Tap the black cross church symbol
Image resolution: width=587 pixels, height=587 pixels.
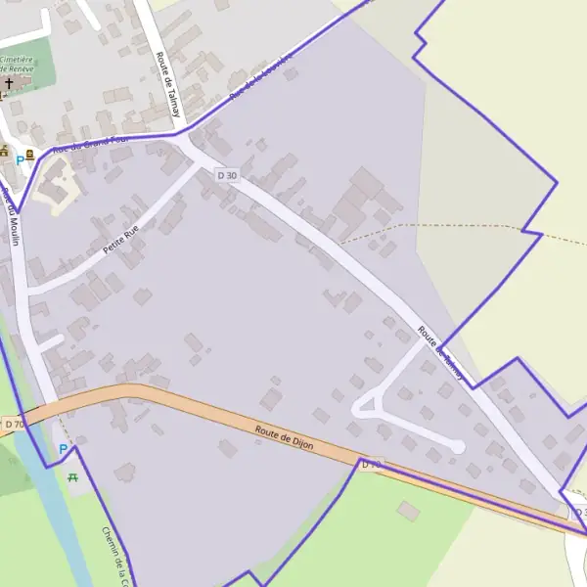(10, 84)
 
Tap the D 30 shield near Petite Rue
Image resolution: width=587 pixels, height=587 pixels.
(227, 174)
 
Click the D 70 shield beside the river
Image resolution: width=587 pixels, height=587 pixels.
(13, 425)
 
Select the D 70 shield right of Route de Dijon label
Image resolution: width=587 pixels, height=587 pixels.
(371, 465)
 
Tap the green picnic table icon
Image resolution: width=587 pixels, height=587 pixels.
(73, 476)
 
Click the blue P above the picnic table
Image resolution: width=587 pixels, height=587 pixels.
(64, 449)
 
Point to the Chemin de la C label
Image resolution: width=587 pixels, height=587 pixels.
(115, 553)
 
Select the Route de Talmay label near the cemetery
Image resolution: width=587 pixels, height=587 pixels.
(166, 84)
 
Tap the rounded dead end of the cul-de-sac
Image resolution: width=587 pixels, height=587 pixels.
(456, 447)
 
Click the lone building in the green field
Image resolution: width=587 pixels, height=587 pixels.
(408, 511)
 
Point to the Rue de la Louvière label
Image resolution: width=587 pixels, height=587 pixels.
(260, 77)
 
